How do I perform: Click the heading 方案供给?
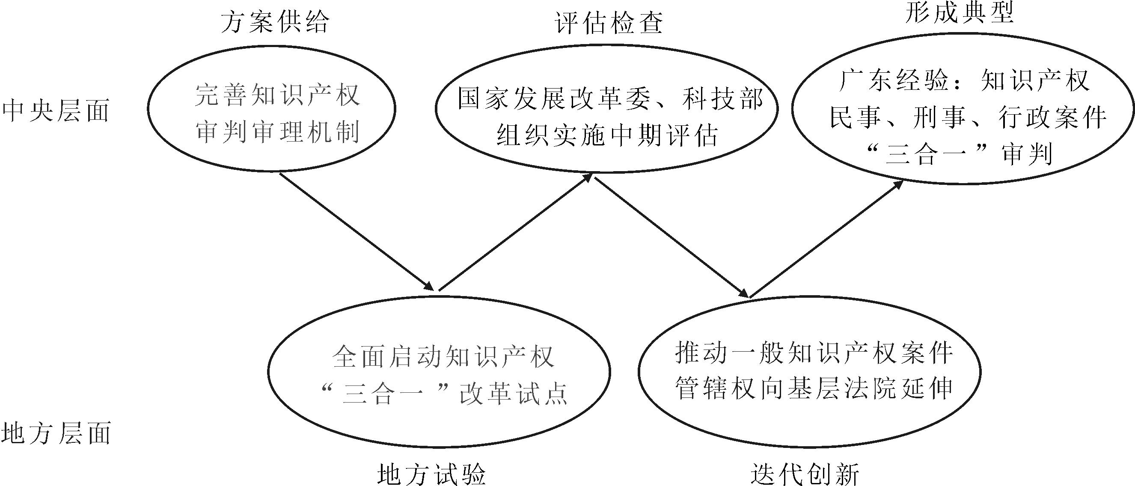tap(275, 21)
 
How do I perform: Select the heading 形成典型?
tap(960, 12)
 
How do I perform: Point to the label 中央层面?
tap(56, 110)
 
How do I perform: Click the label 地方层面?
tap(56, 433)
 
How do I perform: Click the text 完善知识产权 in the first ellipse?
tap(278, 95)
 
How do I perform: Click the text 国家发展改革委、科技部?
tap(610, 98)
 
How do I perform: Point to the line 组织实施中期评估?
tap(608, 135)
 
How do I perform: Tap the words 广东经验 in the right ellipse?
tap(894, 80)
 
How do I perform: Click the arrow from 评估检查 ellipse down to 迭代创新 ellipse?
tap(672, 237)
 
